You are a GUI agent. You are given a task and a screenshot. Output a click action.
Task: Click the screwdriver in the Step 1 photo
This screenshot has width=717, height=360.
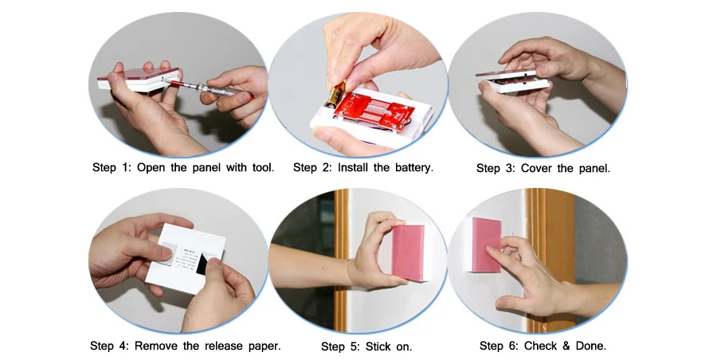(x=208, y=87)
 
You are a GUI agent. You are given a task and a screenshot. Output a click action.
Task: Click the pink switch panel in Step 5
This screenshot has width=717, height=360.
(x=408, y=253)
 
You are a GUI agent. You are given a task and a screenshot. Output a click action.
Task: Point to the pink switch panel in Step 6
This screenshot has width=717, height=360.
(x=487, y=245)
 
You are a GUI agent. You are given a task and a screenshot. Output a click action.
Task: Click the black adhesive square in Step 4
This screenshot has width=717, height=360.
(x=202, y=265)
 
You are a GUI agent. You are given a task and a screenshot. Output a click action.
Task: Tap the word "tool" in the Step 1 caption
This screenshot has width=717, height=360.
(x=262, y=167)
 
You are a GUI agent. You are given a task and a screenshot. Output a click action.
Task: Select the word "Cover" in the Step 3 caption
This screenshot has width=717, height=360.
(x=537, y=168)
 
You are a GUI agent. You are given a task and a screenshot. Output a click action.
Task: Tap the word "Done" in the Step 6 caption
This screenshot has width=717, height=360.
(x=590, y=346)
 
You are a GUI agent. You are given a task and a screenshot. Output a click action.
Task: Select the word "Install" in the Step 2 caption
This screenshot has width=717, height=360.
(x=353, y=167)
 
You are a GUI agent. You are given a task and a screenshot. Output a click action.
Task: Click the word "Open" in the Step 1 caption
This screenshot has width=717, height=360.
(x=151, y=167)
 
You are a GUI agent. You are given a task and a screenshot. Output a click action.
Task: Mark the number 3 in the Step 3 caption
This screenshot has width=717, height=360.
(x=510, y=168)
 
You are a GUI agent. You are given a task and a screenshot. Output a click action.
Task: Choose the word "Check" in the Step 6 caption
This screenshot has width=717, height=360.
(x=540, y=346)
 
